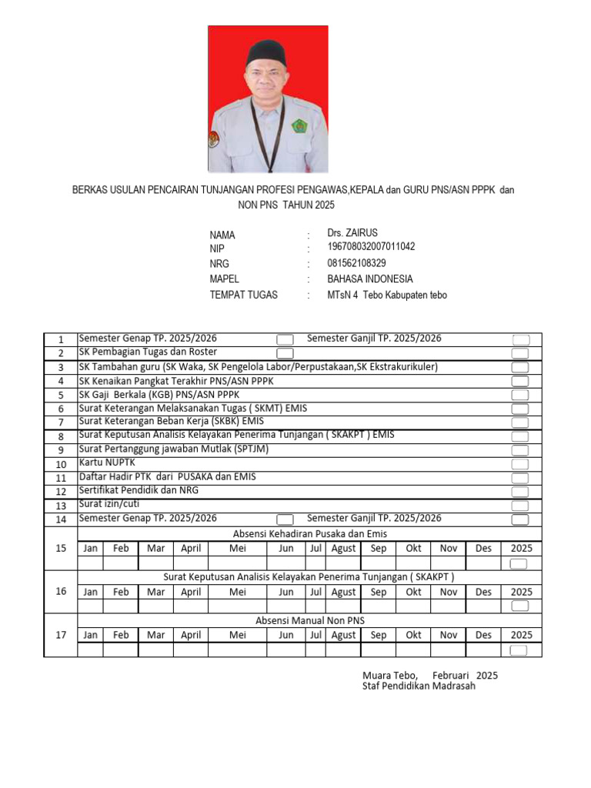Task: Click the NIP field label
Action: [x=217, y=249]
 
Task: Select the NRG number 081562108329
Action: [x=356, y=263]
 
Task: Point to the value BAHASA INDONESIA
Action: [x=369, y=279]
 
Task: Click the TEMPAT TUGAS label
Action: [x=243, y=295]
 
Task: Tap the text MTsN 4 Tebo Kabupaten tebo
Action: [x=386, y=295]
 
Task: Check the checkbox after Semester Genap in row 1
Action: [x=285, y=339]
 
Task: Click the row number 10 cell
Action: [x=61, y=464]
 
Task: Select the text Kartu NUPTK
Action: [x=107, y=462]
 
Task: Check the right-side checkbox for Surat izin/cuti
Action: [x=520, y=506]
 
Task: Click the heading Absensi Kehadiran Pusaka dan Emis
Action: [x=309, y=534]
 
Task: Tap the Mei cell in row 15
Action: [x=238, y=549]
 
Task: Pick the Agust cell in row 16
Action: [x=343, y=592]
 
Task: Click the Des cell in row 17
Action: [x=483, y=635]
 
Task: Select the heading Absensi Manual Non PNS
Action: [x=309, y=620]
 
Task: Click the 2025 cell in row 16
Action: [x=521, y=592]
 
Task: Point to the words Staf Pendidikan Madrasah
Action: [x=419, y=686]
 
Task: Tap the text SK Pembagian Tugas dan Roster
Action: [x=148, y=352]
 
